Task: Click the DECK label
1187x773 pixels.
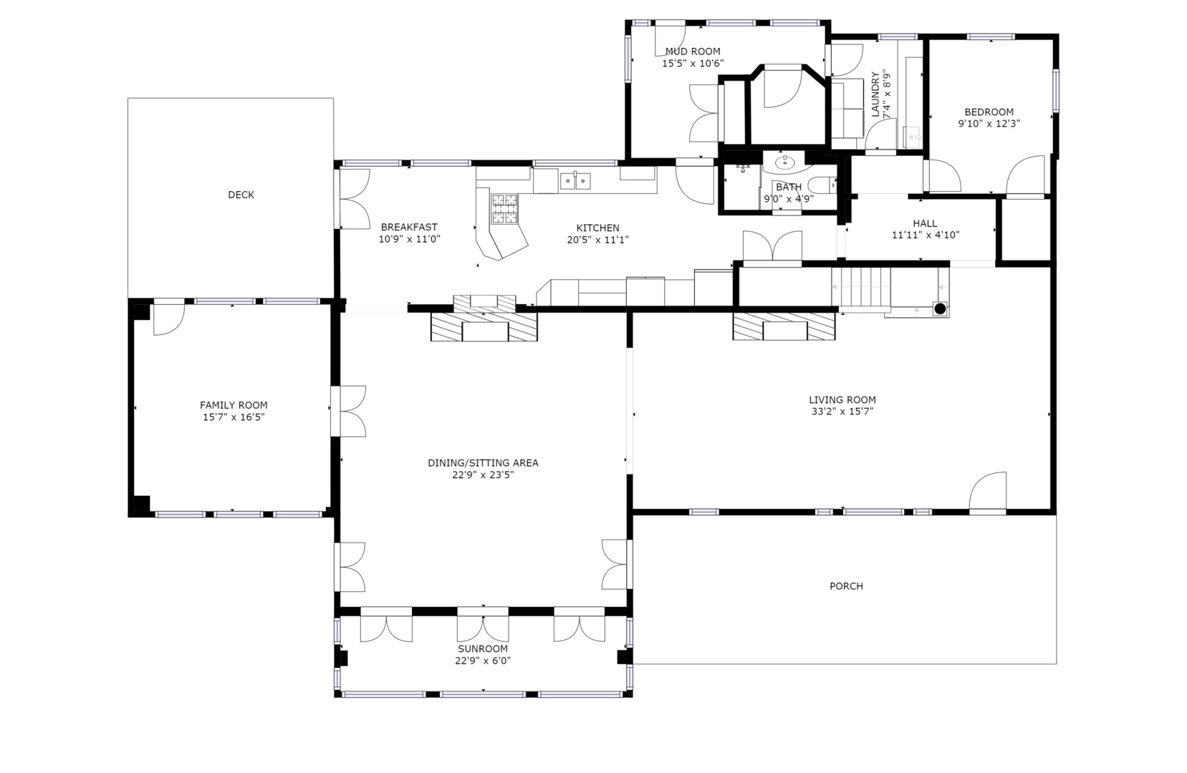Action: [x=241, y=195]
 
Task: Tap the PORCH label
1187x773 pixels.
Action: [x=846, y=586]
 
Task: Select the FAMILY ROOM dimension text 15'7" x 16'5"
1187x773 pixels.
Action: [x=234, y=417]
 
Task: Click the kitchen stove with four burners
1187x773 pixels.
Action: [x=504, y=208]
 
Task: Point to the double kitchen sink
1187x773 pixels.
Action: [x=575, y=181]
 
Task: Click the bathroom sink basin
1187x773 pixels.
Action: [x=786, y=162]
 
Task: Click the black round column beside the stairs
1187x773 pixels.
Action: [x=940, y=308]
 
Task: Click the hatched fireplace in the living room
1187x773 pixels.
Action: [x=784, y=327]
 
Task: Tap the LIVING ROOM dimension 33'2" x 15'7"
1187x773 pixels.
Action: [x=842, y=412]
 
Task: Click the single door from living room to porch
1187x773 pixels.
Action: [x=989, y=492]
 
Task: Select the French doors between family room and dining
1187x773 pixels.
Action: [x=349, y=411]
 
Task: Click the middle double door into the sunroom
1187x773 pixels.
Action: [x=483, y=626]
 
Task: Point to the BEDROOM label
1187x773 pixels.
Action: [x=989, y=112]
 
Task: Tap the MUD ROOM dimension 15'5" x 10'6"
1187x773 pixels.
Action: [x=692, y=63]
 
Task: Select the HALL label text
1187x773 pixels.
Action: [x=925, y=223]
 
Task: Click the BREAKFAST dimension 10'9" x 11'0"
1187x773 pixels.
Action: [x=409, y=239]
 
